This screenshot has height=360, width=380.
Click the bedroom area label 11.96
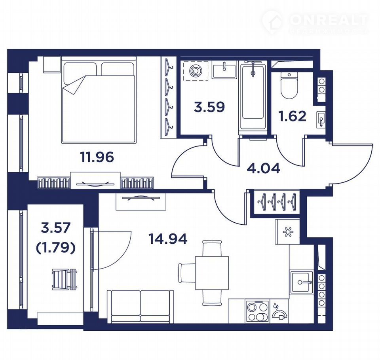click(x=97, y=157)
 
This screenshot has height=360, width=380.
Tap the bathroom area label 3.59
click(x=209, y=107)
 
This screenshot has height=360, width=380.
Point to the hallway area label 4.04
click(x=264, y=168)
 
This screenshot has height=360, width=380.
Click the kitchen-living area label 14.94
click(x=168, y=239)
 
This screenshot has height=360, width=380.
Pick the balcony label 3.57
click(x=56, y=228)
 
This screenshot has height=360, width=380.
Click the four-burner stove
click(x=257, y=311)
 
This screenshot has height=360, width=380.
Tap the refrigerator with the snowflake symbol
click(x=287, y=231)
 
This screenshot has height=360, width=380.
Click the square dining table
click(x=212, y=273)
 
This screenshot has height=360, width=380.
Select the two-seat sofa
click(x=141, y=307)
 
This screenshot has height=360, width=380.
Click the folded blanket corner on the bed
click(x=74, y=85)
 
